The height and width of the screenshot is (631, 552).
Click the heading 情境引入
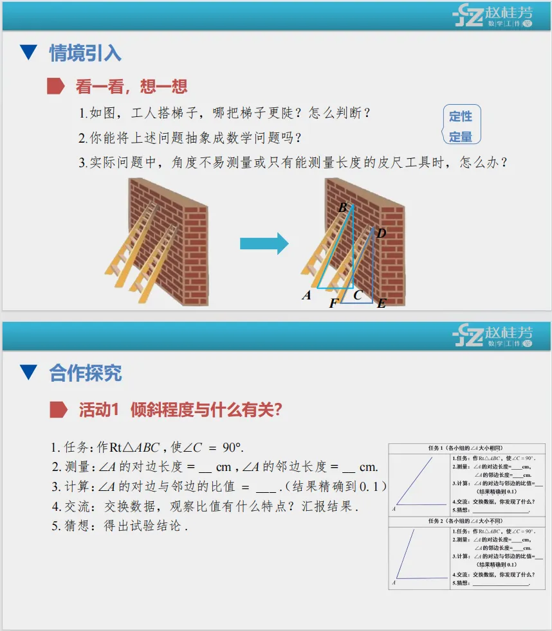85,53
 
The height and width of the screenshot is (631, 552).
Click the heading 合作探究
85,373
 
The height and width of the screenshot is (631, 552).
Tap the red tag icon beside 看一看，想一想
56,85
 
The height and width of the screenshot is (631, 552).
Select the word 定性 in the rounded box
461,116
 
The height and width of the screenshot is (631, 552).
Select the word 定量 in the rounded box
461,137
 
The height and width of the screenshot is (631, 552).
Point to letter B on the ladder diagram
343,208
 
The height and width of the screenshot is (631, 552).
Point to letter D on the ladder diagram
381,233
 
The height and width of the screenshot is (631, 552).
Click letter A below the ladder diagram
307,296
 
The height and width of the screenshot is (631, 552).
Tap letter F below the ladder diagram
333,303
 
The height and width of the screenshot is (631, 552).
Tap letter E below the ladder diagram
382,303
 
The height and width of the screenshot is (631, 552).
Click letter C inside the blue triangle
358,295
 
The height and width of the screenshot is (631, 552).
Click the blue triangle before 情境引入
28,53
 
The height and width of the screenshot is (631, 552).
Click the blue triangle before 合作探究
28,373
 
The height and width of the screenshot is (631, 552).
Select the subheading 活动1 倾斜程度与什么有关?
180,410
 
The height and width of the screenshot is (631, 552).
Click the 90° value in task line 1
233,448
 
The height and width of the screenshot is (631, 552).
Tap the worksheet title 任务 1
466,448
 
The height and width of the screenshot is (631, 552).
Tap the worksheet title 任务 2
466,521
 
